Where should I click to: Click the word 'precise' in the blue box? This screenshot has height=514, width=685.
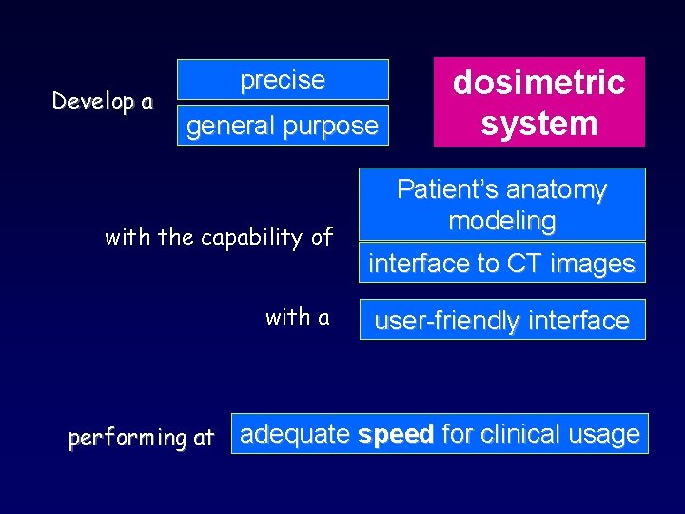pyautogui.click(x=283, y=80)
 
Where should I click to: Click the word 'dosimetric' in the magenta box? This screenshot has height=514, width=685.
pyautogui.click(x=538, y=83)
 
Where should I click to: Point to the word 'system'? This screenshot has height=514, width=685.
pyautogui.click(x=538, y=124)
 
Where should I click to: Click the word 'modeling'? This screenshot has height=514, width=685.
pyautogui.click(x=501, y=221)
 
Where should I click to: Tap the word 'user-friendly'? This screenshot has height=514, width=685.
pyautogui.click(x=447, y=321)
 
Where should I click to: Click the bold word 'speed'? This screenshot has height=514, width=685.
pyautogui.click(x=395, y=434)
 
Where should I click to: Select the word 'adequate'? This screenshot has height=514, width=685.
pyautogui.click(x=295, y=435)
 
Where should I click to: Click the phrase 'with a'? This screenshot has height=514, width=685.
pyautogui.click(x=297, y=317)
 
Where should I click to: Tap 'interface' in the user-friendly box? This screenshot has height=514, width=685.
pyautogui.click(x=578, y=321)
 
